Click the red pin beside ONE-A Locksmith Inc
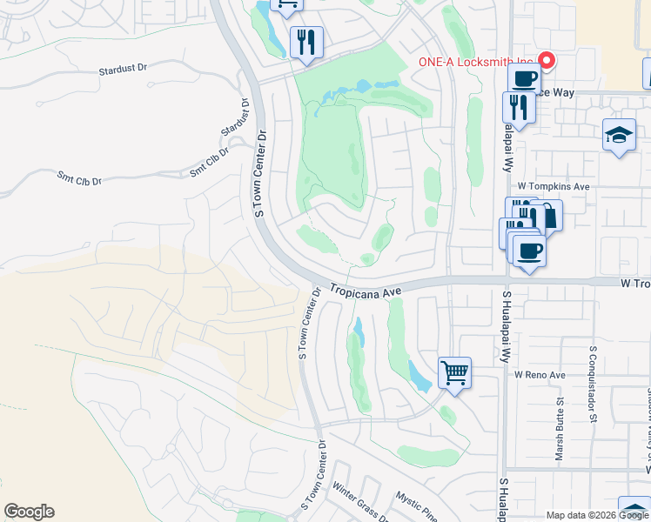[x=547, y=59]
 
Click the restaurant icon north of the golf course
[x=306, y=43]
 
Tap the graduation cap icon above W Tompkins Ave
[x=619, y=136]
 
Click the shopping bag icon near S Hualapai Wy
[x=547, y=215]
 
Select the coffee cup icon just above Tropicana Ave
[x=528, y=251]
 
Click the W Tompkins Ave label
[x=554, y=186]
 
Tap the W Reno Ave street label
[x=540, y=375]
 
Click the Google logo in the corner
[x=29, y=512]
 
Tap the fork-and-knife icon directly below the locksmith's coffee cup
[x=516, y=108]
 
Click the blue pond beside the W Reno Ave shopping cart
[x=419, y=375]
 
